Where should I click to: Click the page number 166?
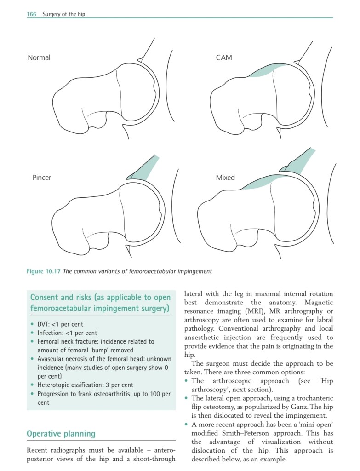tap(32, 14)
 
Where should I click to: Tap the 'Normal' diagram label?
tap(39, 57)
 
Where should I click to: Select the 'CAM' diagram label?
tap(224, 57)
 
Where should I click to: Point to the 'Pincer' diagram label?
tap(42, 178)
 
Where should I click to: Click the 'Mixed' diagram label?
tap(225, 178)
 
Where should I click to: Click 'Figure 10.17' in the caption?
tap(44, 271)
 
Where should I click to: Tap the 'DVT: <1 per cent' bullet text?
tap(60, 324)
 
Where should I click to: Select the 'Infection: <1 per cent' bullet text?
tap(67, 333)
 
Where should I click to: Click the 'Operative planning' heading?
tap(61, 434)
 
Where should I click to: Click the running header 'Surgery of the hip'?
tap(63, 14)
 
